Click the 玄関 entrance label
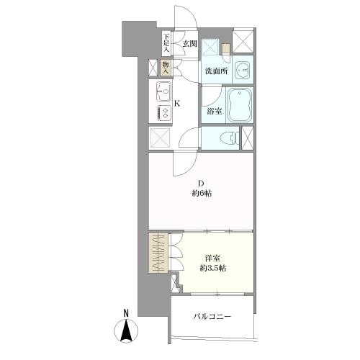(190, 44)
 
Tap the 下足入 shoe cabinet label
(166, 43)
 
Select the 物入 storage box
(166, 68)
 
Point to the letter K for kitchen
(177, 104)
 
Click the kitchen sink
(163, 91)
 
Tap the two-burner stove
(164, 114)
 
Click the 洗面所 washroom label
(216, 71)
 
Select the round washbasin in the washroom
(243, 70)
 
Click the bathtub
(240, 105)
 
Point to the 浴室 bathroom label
(215, 112)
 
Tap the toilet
(230, 138)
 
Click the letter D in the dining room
(201, 184)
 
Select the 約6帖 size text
(202, 194)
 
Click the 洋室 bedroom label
(212, 258)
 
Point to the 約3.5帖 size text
(213, 268)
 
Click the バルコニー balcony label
(212, 317)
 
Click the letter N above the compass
(126, 313)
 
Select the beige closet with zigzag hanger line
(158, 253)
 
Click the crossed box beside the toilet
(248, 138)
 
